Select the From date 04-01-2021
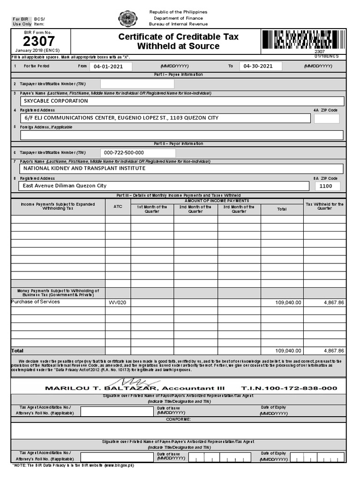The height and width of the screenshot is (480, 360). pos(108,67)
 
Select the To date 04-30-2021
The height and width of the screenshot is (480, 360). pos(259,67)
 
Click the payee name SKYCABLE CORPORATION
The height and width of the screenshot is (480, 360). pos(56,101)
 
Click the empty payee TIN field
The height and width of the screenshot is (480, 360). pos(137,84)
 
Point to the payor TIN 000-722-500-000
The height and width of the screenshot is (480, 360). pos(124,153)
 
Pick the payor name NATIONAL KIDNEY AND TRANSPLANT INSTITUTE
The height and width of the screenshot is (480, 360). pos(84,168)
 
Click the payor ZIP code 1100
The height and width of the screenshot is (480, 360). pos(325,186)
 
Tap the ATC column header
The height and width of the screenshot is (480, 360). pos(118,207)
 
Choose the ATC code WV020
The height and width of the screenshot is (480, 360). pos(118,303)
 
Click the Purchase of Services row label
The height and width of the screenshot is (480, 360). pos(36,302)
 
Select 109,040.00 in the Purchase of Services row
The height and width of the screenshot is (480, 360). pos(288,303)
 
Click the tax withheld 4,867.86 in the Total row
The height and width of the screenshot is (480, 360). pos(334,351)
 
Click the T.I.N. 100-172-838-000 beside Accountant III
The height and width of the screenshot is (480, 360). pos(289,389)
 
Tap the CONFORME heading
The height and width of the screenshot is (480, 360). pos(179,419)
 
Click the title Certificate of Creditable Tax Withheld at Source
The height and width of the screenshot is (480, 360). pos(178,41)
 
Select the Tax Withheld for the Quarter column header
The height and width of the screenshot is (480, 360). pos(324,207)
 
